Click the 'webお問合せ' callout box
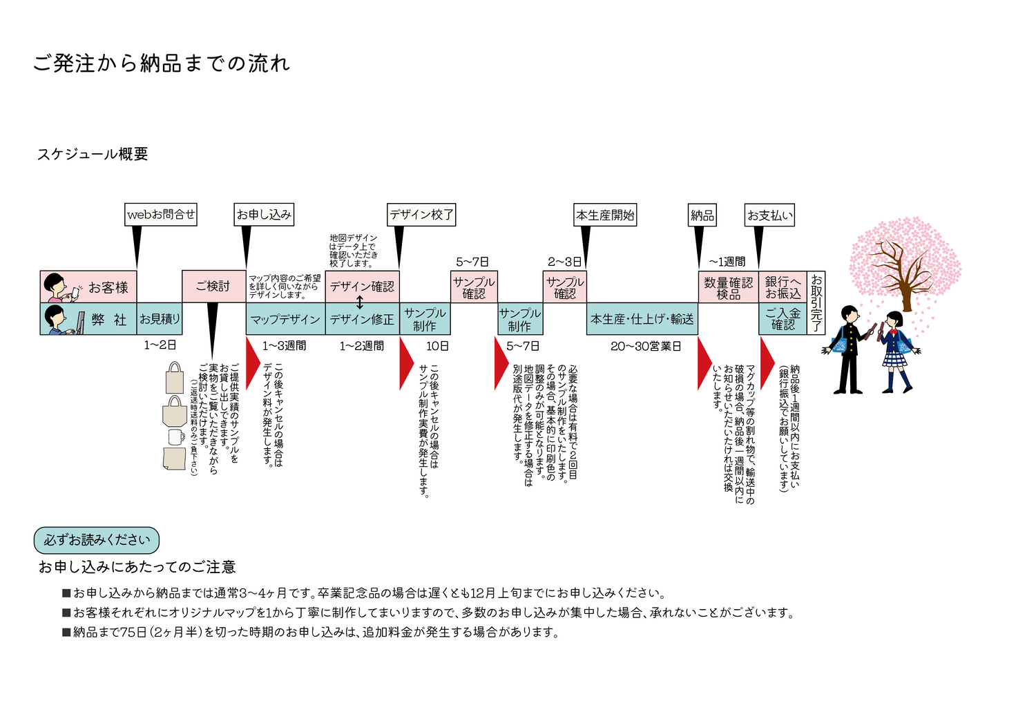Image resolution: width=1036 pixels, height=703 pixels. click(161, 214)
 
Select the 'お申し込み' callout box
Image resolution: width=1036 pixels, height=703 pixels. click(264, 214)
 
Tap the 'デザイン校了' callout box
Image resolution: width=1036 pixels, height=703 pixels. click(421, 214)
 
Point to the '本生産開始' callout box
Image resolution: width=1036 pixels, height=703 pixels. click(605, 215)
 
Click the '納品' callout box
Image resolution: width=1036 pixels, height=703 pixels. click(702, 215)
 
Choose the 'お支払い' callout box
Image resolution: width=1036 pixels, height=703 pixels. click(769, 215)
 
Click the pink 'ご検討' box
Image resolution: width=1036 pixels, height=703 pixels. click(213, 286)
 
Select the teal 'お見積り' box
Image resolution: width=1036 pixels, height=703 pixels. click(160, 319)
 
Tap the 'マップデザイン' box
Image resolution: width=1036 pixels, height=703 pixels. click(285, 319)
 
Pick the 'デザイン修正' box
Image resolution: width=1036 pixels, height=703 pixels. click(362, 319)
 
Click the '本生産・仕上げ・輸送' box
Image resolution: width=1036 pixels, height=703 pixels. click(642, 319)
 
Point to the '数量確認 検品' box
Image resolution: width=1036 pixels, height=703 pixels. click(728, 287)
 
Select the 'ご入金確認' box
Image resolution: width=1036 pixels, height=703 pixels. click(783, 319)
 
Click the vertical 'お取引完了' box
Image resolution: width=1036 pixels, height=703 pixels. click(816, 302)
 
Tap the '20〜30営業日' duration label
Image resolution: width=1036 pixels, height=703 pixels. click(645, 346)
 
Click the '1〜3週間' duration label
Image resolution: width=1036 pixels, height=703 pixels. click(284, 345)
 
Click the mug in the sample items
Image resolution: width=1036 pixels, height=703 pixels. click(176, 436)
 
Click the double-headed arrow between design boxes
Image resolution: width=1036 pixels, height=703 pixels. click(360, 302)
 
